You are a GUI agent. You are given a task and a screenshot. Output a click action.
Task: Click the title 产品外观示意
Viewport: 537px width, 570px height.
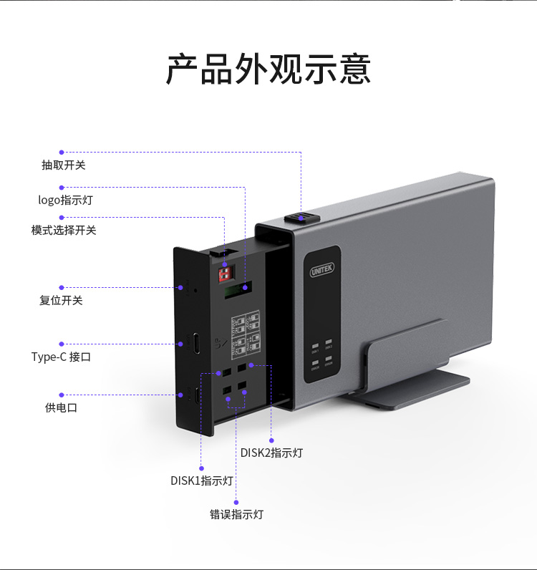tap(268, 69)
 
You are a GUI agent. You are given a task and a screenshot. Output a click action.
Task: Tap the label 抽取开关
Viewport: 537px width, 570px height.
tap(64, 165)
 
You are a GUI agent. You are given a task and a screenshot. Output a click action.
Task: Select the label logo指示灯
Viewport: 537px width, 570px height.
tap(65, 200)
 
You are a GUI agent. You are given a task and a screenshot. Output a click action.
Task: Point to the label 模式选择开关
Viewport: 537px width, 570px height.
tap(64, 230)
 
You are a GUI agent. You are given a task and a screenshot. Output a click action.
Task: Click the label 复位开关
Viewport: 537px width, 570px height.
tap(61, 300)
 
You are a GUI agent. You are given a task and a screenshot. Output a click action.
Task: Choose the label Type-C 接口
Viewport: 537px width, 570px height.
tap(61, 357)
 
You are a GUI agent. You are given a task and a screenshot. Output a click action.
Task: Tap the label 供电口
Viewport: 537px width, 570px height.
tap(61, 407)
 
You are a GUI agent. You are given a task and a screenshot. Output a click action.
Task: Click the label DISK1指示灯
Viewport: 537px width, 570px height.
tap(202, 480)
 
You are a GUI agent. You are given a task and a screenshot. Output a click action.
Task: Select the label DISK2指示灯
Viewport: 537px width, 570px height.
tap(271, 453)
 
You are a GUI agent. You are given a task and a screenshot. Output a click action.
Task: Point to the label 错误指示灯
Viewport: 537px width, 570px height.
tap(236, 514)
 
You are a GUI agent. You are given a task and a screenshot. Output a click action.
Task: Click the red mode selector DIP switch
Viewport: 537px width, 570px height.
tap(225, 273)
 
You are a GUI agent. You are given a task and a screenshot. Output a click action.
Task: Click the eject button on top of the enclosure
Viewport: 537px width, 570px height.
tap(299, 218)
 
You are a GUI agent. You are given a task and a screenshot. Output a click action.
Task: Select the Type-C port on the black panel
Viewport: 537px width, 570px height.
tap(194, 343)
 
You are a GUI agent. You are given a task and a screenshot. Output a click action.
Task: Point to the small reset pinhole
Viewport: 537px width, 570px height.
tap(195, 290)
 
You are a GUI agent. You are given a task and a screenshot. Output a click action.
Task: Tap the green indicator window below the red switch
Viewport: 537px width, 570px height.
tap(237, 289)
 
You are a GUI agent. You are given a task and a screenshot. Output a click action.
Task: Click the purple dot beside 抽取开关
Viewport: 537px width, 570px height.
tap(62, 152)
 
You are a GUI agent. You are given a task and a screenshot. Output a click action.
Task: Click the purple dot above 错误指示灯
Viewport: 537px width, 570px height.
tap(236, 503)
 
